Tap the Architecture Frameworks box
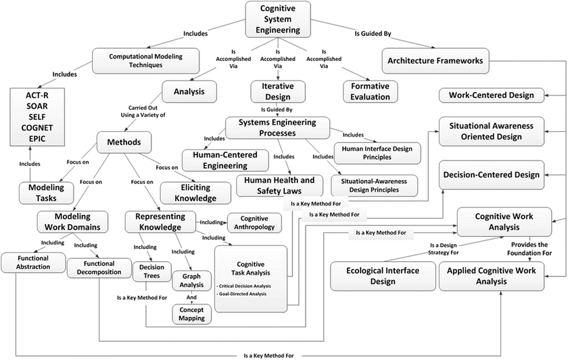pos(435,61)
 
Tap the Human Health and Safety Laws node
pos(279,185)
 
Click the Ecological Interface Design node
pos(383,276)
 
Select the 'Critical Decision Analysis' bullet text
pos(250,286)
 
